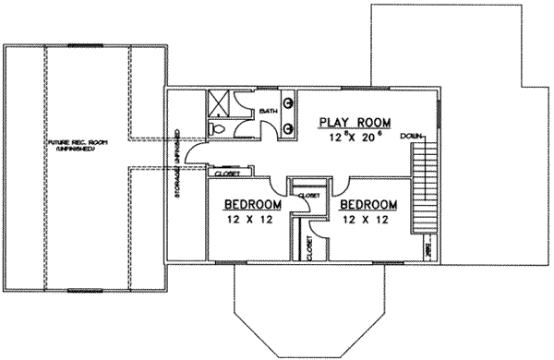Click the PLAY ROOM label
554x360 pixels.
tap(355, 122)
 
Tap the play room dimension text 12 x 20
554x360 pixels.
tap(355, 138)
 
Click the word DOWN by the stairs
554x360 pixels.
tap(412, 136)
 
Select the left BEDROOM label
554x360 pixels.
tap(252, 204)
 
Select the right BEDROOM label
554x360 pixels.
tap(367, 204)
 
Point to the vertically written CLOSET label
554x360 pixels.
tap(308, 247)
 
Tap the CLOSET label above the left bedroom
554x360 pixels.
tap(228, 173)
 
